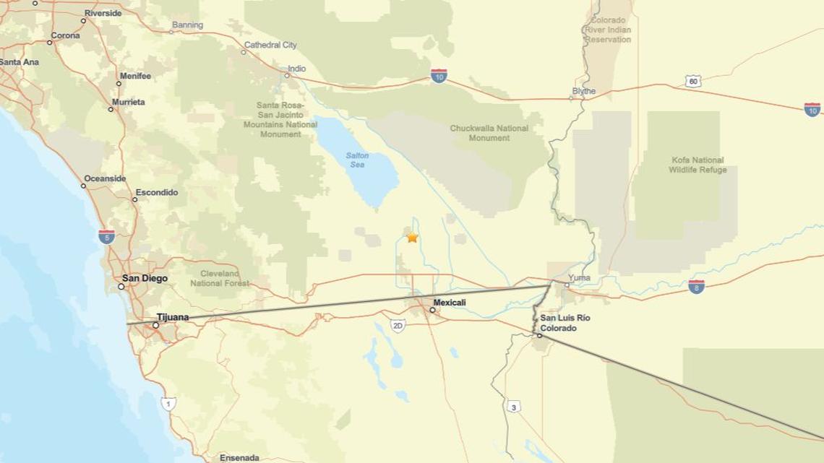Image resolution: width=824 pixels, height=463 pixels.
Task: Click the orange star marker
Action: tap(412, 237)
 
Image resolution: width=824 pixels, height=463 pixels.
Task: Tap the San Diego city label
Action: tap(145, 278)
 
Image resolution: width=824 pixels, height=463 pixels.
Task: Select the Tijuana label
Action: tap(173, 317)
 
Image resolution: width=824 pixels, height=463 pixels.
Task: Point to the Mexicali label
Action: tap(450, 302)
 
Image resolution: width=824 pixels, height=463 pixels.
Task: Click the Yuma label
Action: tap(579, 277)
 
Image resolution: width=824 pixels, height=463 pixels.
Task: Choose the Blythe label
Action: tap(584, 91)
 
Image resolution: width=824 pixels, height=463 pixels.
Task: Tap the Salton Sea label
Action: tap(357, 160)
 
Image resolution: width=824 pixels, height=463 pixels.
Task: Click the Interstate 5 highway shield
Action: tap(106, 235)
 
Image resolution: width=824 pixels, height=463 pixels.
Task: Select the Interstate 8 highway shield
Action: tap(696, 286)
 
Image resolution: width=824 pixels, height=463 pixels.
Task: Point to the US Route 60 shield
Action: tap(693, 81)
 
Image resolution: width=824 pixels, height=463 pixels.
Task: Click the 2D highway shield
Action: tap(398, 326)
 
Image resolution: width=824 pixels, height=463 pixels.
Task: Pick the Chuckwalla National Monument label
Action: tap(489, 133)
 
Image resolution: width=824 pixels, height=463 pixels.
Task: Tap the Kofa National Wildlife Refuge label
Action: tap(698, 165)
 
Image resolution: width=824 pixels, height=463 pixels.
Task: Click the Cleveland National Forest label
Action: tap(220, 279)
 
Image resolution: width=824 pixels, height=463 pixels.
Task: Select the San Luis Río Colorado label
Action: tap(565, 323)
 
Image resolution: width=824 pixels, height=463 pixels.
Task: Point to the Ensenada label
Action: tap(239, 457)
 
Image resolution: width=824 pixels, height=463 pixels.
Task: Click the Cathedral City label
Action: tap(270, 45)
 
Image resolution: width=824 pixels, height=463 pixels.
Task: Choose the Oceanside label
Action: tap(105, 178)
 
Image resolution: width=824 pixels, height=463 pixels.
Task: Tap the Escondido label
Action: tap(156, 192)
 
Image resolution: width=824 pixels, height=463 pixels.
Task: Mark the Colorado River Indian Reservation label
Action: tap(608, 30)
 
